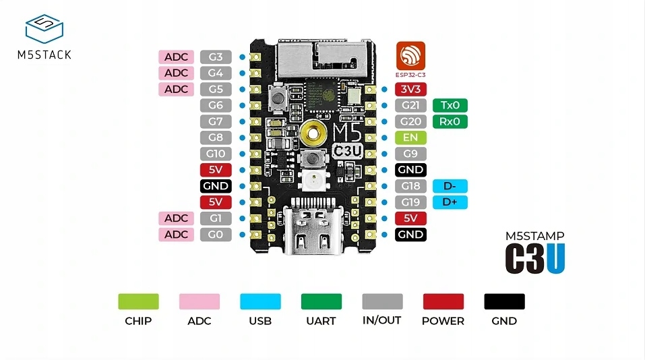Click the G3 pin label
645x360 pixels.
[216, 57]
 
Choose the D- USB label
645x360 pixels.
[450, 186]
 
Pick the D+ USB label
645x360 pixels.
[450, 202]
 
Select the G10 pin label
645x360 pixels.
[216, 154]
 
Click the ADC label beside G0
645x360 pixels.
[176, 235]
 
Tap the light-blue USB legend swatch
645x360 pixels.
[260, 301]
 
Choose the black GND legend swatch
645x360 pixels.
[504, 301]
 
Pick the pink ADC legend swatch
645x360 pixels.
[199, 301]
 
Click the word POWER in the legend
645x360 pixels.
[443, 321]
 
